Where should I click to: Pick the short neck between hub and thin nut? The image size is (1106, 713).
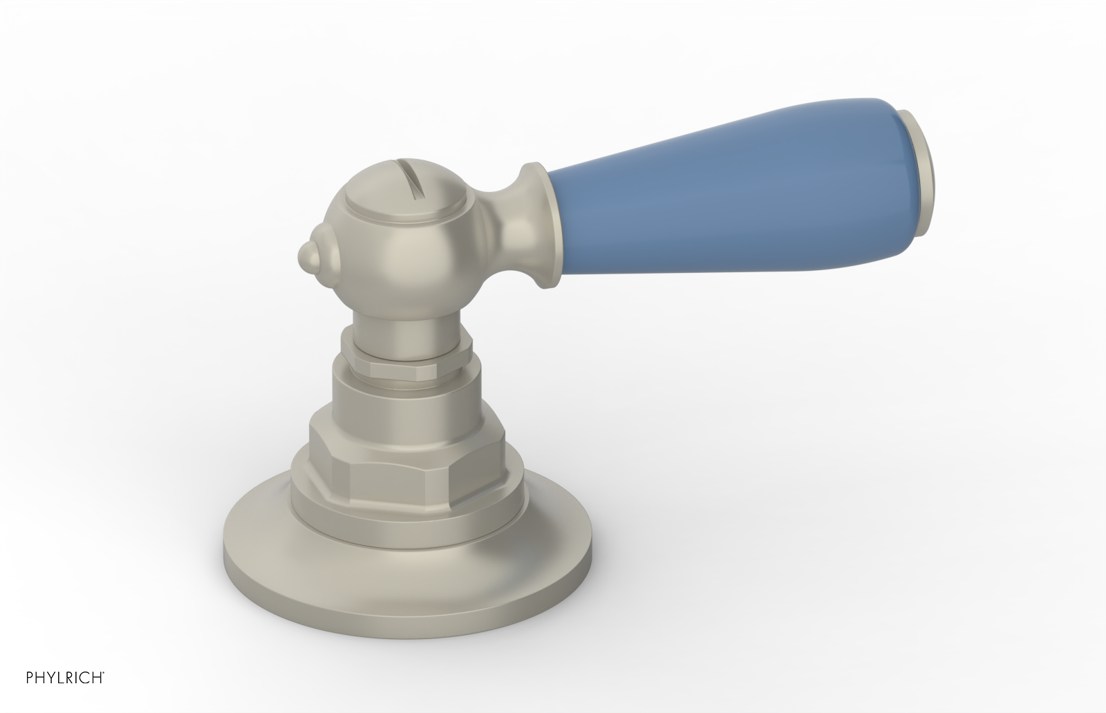click(x=407, y=325)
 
